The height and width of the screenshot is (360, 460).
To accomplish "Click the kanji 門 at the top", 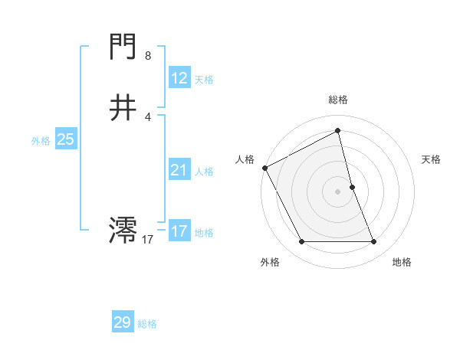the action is tap(123, 47).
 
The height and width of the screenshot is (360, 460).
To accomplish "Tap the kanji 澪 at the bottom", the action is tap(123, 230).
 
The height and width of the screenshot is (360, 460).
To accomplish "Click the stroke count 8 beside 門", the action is tap(148, 56).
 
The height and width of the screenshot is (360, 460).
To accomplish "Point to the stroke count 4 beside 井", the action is tap(148, 116).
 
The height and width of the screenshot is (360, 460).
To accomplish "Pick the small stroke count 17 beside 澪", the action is tap(147, 240).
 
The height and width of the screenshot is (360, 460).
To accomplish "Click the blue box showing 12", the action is tap(179, 78).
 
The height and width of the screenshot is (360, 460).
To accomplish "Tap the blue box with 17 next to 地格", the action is tap(179, 231).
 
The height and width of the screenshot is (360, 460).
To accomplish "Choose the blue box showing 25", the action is tap(65, 139).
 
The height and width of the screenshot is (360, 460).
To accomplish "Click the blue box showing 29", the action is tap(123, 322).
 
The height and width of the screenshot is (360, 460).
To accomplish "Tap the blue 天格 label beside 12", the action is tap(204, 80).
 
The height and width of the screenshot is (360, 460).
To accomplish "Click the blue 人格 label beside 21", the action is tap(204, 172).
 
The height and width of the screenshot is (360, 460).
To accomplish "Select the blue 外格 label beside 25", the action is tap(41, 141).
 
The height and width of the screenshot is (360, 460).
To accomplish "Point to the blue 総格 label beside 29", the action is tap(147, 324).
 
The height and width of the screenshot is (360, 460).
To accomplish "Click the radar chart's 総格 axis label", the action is tap(338, 100).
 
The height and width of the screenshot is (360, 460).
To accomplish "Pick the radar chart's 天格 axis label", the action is tap(432, 159).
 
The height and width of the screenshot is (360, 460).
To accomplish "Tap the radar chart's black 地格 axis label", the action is tap(402, 263).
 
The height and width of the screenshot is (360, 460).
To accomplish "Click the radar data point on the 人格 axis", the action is tap(264, 168).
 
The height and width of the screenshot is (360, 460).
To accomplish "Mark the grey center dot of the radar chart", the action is tap(338, 191).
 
